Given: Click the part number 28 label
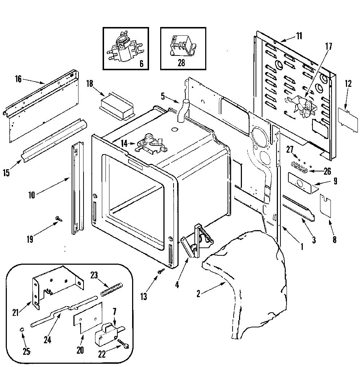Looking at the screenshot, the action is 181,63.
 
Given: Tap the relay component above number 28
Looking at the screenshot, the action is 183,46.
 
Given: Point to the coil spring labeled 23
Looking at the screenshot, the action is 112,290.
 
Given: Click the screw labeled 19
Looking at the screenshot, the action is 59,219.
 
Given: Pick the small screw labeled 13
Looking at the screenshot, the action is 161,271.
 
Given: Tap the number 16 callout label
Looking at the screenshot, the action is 18,79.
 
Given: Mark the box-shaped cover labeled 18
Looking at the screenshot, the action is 117,106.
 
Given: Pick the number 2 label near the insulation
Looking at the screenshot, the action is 199,294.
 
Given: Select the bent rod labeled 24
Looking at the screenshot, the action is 64,310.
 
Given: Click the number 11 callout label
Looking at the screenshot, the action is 299,36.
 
